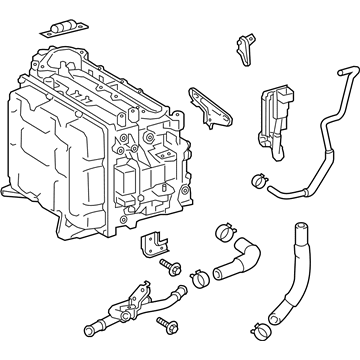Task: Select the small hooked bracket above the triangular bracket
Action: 244,44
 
